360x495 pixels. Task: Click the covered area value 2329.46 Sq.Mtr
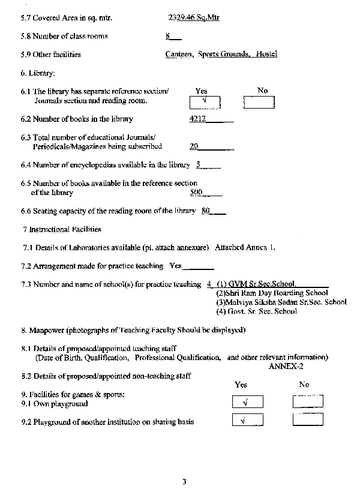[194, 17]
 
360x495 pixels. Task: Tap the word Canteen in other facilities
[179, 54]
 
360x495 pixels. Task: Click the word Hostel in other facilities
[266, 54]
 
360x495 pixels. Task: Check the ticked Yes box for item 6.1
[205, 102]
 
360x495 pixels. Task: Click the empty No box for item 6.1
[259, 103]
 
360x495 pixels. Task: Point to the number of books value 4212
[197, 119]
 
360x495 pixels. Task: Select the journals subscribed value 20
[194, 146]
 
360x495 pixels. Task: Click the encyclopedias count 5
[198, 164]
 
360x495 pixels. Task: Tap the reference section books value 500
[196, 193]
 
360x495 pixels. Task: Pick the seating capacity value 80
[206, 211]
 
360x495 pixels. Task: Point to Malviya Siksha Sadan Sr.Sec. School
[281, 302]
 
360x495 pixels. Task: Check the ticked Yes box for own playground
[247, 403]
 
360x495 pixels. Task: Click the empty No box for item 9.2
[308, 420]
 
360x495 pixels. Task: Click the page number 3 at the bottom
[185, 481]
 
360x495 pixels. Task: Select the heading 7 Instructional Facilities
[62, 229]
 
